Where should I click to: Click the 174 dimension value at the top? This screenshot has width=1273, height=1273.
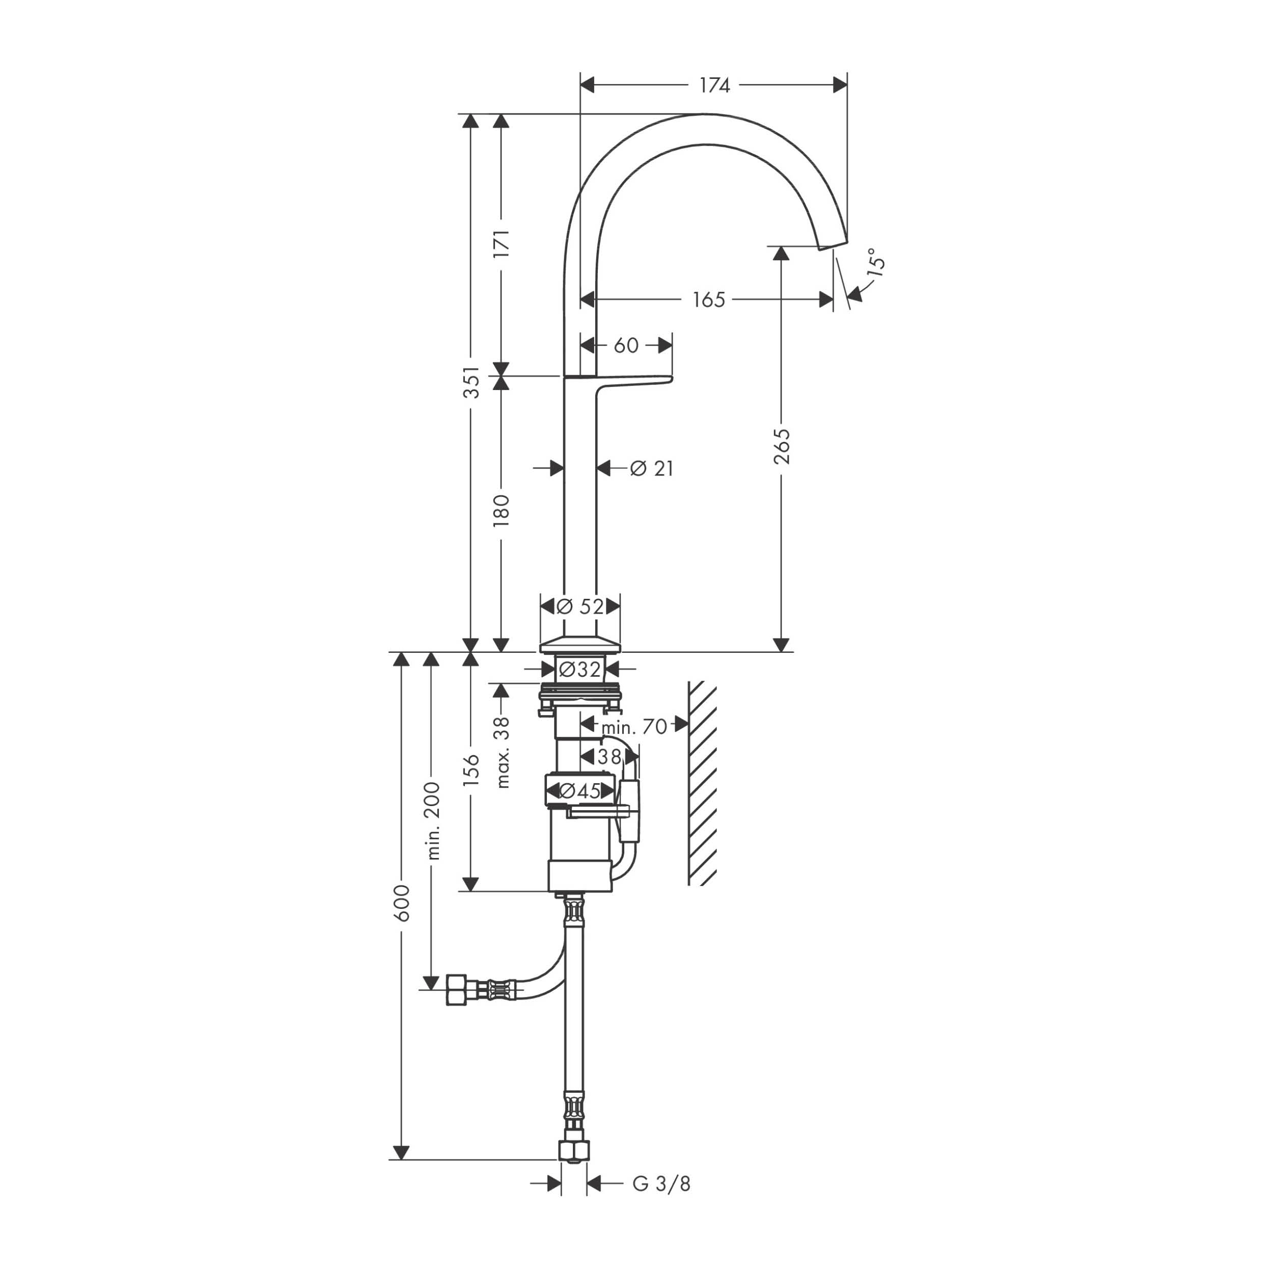[715, 86]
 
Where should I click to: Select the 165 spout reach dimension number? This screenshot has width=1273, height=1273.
[709, 300]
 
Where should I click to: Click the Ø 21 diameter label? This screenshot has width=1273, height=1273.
[652, 468]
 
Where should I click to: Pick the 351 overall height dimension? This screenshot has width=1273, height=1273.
[471, 382]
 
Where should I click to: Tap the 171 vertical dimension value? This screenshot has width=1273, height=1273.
[502, 244]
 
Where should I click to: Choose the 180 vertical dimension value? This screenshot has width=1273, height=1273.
[502, 511]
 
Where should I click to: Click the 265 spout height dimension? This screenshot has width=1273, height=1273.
[782, 446]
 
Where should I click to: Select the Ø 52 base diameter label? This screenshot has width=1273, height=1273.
[580, 606]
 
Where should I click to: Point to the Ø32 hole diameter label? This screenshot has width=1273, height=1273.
[580, 670]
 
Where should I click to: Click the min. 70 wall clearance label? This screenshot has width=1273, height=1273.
[634, 727]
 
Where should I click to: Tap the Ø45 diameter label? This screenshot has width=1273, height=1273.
[580, 791]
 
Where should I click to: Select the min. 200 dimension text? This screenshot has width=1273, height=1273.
[433, 820]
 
